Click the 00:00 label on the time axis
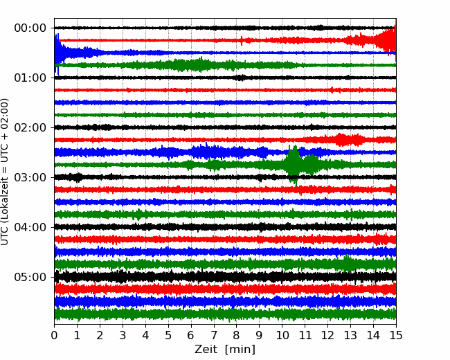[30, 28]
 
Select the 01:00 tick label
[30, 78]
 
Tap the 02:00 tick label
[30, 127]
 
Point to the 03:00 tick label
[30, 177]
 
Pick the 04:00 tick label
[30, 227]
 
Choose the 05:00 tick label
[30, 277]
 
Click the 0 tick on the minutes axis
[54, 335]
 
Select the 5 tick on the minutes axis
[168, 335]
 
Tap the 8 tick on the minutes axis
[237, 335]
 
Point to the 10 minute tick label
[282, 335]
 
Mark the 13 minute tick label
[350, 335]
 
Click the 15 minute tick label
[396, 335]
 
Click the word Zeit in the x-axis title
[206, 350]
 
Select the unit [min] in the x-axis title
[240, 350]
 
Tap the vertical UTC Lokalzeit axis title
[5, 172]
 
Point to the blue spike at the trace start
[57, 53]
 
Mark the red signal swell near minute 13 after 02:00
[348, 140]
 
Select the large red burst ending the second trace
[386, 40]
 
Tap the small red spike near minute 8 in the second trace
[242, 40]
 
